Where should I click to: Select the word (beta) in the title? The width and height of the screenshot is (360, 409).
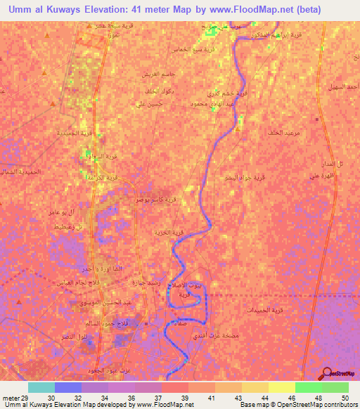point(309,9)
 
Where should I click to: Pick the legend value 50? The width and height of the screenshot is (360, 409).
point(345,398)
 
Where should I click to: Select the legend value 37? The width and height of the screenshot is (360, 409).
point(166,398)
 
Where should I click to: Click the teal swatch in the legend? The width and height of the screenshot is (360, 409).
point(41,387)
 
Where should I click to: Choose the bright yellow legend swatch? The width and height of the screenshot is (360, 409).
point(281,387)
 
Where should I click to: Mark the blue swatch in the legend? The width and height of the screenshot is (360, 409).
point(68,387)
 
